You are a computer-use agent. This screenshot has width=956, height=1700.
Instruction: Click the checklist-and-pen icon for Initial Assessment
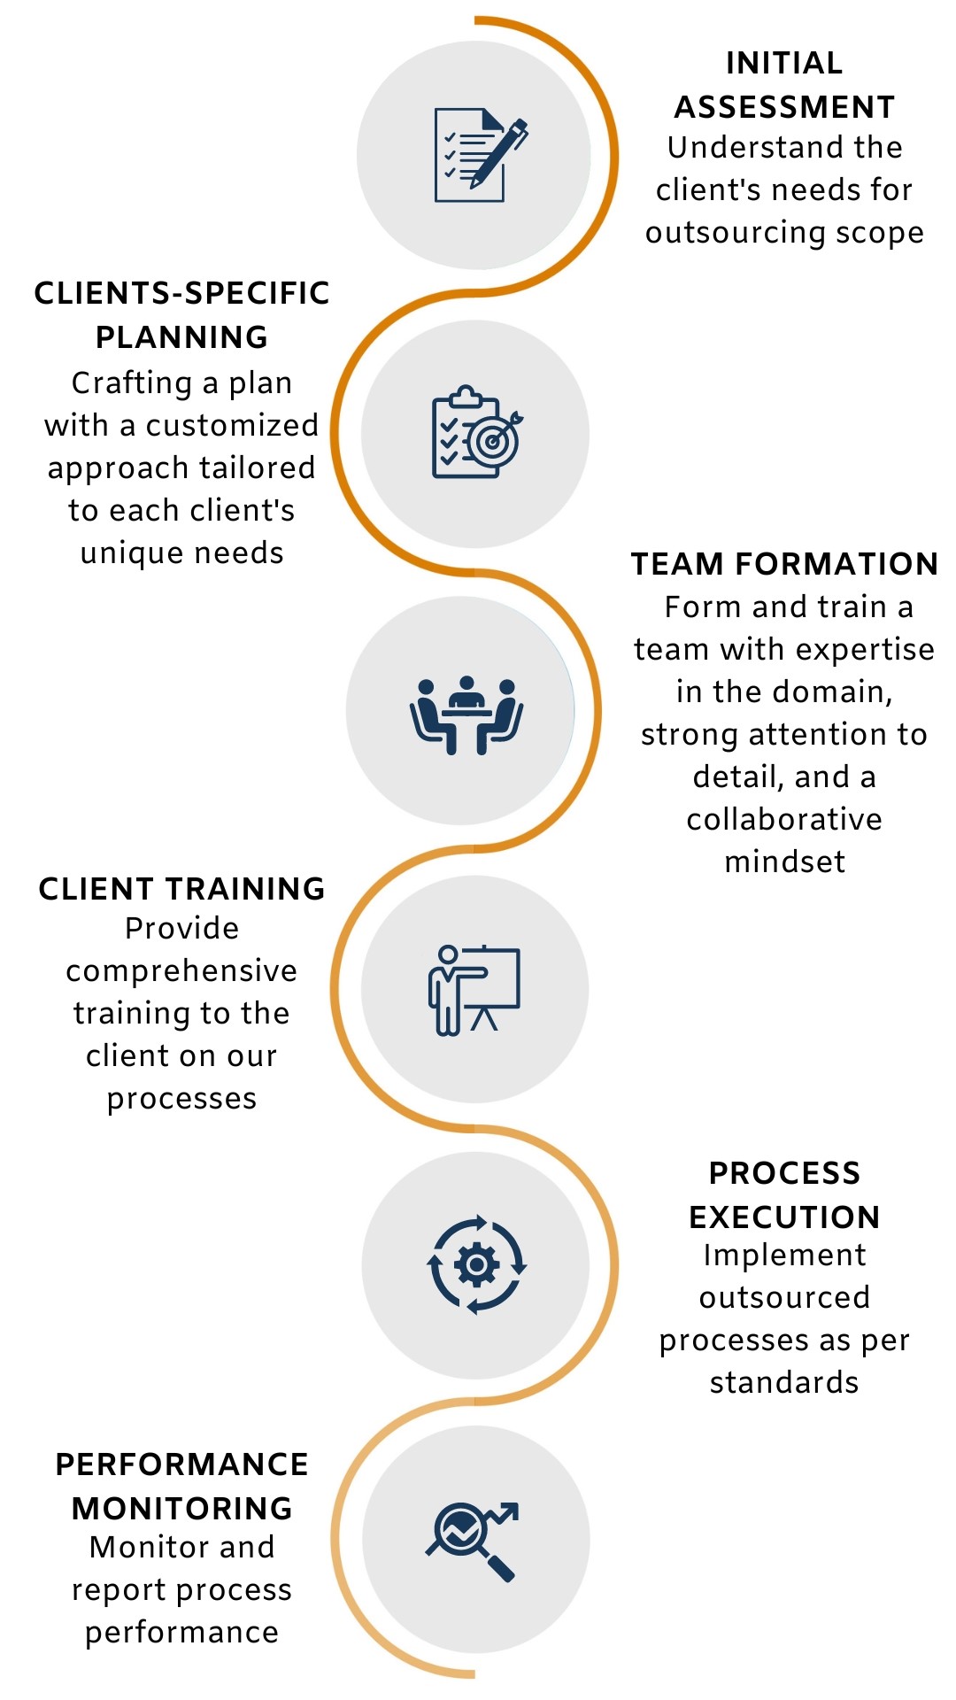(x=479, y=156)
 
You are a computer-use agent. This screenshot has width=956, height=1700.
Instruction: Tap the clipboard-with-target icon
(x=476, y=433)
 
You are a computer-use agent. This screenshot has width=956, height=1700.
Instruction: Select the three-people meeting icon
(x=466, y=714)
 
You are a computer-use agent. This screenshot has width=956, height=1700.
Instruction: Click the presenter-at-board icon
(x=474, y=990)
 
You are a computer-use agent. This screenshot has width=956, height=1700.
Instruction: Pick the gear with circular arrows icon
(x=476, y=1264)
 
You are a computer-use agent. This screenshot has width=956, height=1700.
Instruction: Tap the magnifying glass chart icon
(x=472, y=1539)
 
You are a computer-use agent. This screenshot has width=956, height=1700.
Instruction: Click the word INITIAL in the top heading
(x=784, y=64)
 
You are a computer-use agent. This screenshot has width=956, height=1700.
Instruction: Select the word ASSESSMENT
(x=784, y=107)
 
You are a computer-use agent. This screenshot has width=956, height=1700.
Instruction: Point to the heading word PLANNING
(x=181, y=337)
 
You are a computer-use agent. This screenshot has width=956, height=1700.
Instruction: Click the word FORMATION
(x=836, y=564)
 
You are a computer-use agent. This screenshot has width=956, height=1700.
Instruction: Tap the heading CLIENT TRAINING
(x=181, y=889)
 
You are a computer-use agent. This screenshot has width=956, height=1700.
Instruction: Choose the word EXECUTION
(x=784, y=1217)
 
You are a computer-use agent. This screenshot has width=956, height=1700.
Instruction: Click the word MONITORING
(x=181, y=1508)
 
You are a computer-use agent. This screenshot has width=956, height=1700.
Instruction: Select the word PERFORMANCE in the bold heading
(x=181, y=1464)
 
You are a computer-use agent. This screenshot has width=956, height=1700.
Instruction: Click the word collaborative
(x=784, y=820)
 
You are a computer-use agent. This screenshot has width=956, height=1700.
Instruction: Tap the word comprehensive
(x=181, y=971)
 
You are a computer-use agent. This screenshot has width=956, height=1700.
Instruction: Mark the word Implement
(x=784, y=1256)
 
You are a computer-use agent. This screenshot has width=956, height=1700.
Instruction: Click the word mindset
(x=784, y=862)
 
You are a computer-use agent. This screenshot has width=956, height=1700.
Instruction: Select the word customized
(x=232, y=426)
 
